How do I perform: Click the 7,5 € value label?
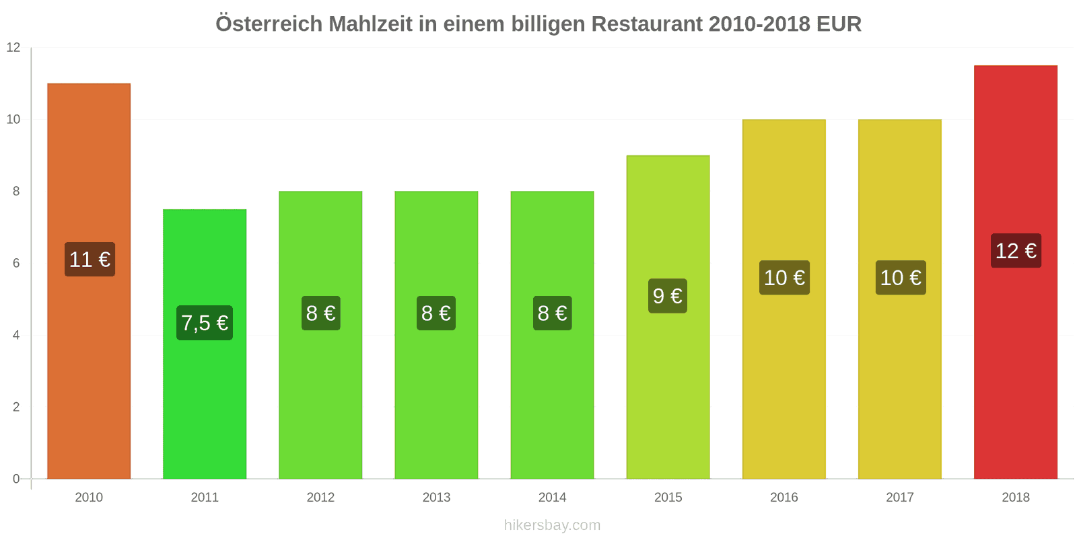pos(205,323)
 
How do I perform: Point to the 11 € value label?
pos(90,259)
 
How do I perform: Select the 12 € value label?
pos(1016,251)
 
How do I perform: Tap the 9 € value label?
pos(668,296)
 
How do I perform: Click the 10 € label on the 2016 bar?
pos(784,278)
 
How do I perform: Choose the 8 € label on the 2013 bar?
pos(436,313)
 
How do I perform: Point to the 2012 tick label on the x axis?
pos(320,498)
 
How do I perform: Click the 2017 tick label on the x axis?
pos(900,498)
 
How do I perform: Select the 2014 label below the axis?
pos(552,498)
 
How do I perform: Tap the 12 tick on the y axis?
pos(13,48)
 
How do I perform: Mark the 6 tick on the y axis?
pos(16,263)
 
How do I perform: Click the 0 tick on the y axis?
pos(16,479)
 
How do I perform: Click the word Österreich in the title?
pos(269,24)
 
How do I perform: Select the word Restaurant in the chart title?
pos(647,24)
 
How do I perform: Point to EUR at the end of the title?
pos(839,24)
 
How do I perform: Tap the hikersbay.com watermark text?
pos(552,525)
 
